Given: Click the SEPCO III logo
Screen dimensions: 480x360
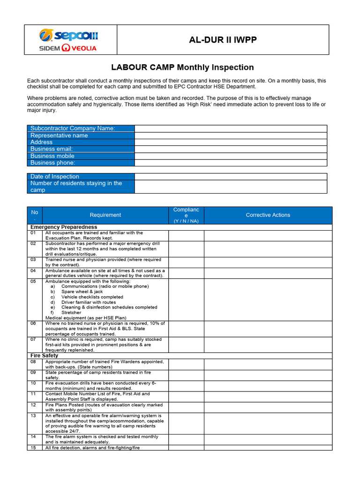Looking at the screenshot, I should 68,36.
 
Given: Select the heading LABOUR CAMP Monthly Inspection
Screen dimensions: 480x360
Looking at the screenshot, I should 182,67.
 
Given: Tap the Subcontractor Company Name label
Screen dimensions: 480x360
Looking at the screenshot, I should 73,128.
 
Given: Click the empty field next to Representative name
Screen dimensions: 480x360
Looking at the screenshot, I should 231,135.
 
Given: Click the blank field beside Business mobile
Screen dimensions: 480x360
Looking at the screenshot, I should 231,156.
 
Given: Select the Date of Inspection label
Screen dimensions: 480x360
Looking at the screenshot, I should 55,176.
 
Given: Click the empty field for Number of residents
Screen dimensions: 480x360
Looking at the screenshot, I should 231,187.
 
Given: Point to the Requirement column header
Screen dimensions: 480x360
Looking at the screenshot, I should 105,215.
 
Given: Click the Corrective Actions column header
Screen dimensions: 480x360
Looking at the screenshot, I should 268,215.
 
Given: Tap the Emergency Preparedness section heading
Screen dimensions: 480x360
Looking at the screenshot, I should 70,227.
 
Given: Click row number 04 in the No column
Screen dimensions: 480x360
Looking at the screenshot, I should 33,271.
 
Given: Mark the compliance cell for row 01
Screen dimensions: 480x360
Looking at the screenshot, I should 186,235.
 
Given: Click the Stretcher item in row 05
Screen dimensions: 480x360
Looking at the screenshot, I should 71,313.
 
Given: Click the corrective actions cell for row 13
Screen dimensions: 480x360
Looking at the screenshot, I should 268,423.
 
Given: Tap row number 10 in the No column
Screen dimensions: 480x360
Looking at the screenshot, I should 33,383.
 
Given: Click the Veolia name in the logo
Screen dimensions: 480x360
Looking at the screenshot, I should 85,48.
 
